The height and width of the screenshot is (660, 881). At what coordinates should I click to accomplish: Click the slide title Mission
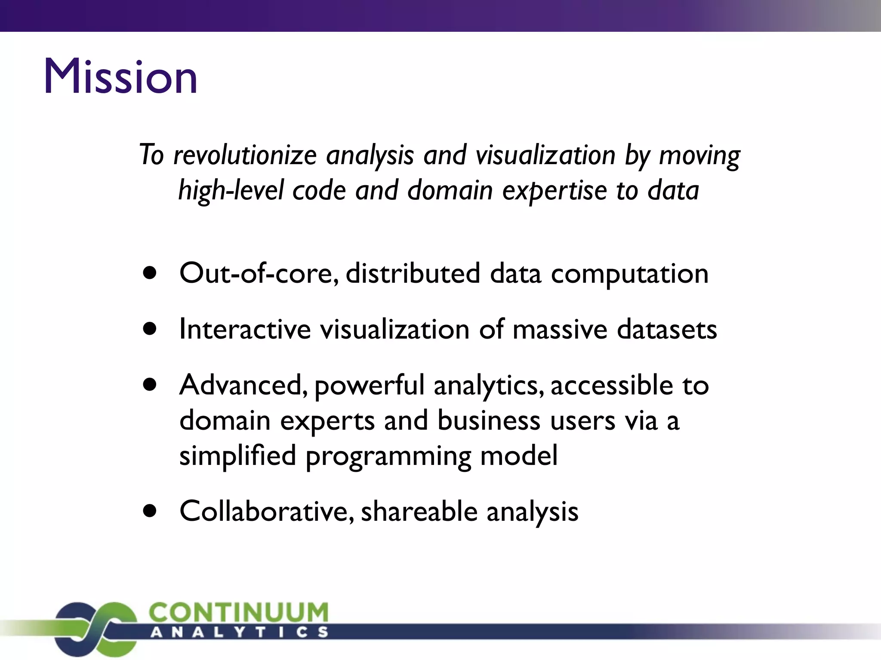point(120,76)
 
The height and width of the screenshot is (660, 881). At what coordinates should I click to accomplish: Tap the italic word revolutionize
point(245,155)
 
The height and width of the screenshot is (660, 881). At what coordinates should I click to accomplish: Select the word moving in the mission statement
point(699,155)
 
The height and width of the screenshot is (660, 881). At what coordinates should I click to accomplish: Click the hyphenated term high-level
point(231,190)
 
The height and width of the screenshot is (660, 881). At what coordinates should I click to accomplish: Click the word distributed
point(413,273)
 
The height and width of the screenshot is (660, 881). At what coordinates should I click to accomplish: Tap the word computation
point(629,274)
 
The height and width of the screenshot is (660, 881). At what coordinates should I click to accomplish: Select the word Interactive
point(245,330)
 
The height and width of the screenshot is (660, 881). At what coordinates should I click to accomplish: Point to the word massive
point(560,330)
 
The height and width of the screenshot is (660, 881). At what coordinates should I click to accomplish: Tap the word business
point(489,420)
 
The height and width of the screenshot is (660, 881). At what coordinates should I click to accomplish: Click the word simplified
point(237,455)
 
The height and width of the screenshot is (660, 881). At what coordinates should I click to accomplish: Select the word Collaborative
point(267,511)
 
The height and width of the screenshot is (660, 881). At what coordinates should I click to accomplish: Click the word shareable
point(419,511)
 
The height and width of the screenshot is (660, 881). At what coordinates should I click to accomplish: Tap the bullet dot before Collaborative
point(150,511)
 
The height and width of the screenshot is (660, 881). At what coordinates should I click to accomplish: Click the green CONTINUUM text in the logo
point(239,612)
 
